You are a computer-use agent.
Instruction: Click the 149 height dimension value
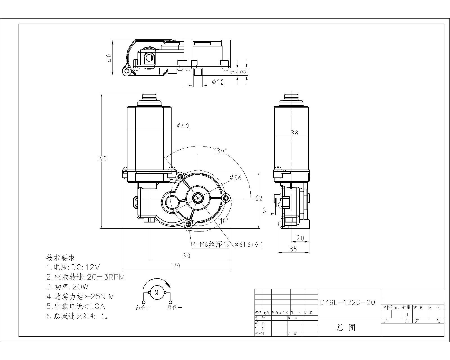click(x=102, y=159)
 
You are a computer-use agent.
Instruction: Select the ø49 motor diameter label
click(x=183, y=126)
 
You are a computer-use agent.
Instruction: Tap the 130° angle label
click(x=220, y=151)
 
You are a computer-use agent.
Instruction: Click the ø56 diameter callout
click(x=235, y=178)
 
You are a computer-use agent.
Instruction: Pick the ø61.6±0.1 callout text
click(x=248, y=245)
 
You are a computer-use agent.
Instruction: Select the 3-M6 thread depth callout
click(x=211, y=245)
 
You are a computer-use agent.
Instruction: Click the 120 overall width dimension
click(x=175, y=266)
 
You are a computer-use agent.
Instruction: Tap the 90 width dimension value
click(x=187, y=256)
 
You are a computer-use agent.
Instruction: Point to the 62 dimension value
click(x=259, y=199)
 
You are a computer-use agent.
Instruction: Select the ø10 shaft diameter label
click(x=218, y=82)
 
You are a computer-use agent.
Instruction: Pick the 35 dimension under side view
click(x=293, y=249)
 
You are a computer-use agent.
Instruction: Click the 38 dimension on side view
click(x=294, y=133)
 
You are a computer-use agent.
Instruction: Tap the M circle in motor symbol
click(x=157, y=292)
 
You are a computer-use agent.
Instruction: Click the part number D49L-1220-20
click(x=348, y=303)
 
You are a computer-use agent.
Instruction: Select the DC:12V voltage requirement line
click(x=73, y=267)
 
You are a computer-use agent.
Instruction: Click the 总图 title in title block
click(x=346, y=328)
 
